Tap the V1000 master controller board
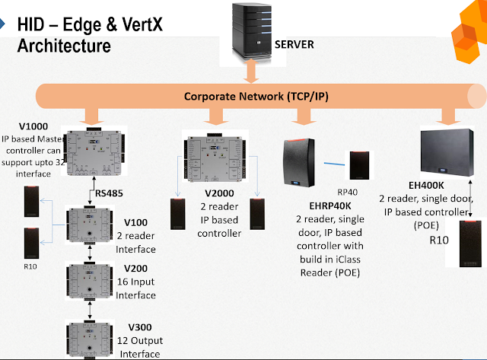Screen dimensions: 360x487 click(x=94, y=152)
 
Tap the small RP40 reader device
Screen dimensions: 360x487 click(x=361, y=170)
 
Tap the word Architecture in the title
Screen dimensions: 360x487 click(x=64, y=46)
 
